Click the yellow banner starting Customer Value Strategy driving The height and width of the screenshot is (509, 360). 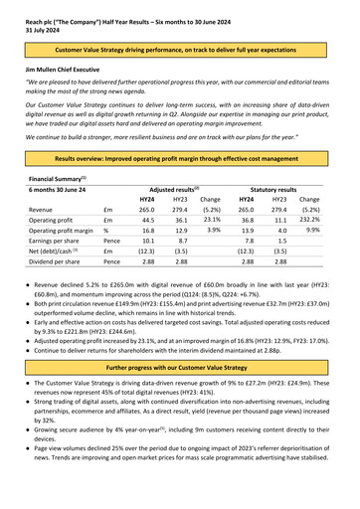coord(180,49)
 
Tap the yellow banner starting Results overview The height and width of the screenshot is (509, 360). coord(180,157)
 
